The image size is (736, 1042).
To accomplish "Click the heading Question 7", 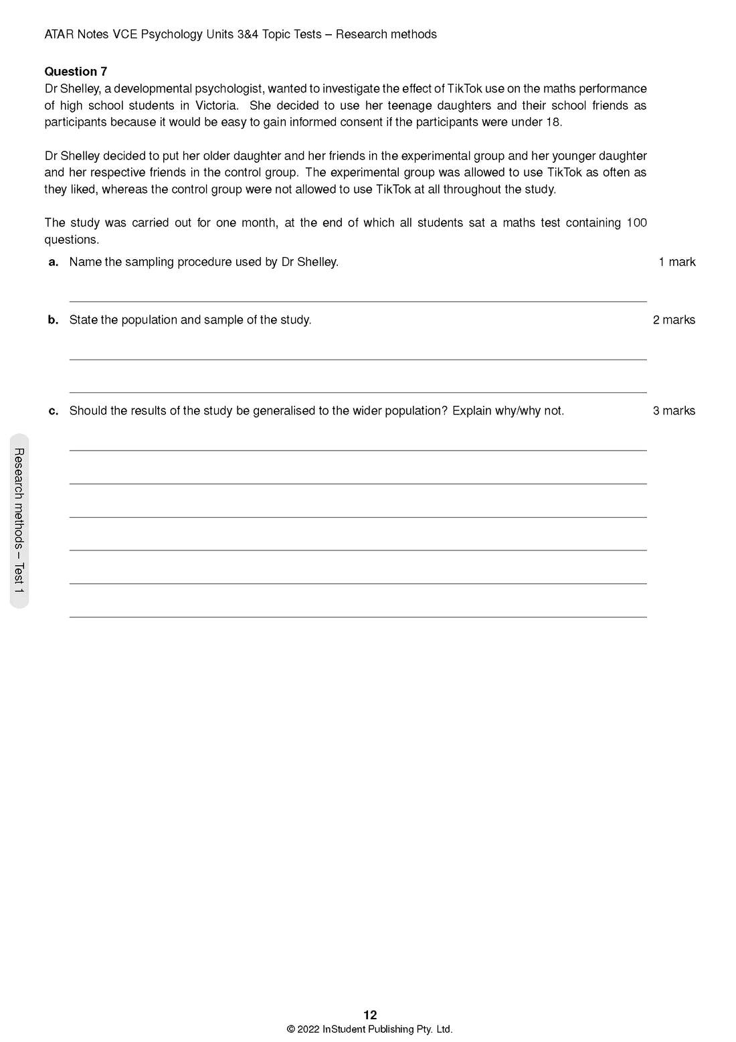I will click(x=76, y=72).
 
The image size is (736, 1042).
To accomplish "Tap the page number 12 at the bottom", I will click(x=370, y=1015).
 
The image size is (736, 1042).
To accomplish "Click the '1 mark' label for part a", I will click(x=676, y=262).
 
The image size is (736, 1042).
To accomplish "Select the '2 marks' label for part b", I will click(x=674, y=320).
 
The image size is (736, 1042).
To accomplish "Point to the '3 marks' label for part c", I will click(x=674, y=411).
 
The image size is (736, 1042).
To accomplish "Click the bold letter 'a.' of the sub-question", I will click(x=54, y=262).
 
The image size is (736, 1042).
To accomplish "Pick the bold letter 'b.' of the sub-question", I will click(x=54, y=320).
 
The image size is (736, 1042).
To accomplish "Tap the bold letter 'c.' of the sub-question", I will click(x=54, y=411).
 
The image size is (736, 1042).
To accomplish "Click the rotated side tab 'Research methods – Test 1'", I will click(x=19, y=521).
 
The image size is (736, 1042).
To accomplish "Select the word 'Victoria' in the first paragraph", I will click(x=217, y=106).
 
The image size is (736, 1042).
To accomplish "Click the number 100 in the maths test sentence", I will click(x=636, y=223).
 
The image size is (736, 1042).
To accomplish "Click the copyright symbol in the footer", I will click(x=291, y=1030).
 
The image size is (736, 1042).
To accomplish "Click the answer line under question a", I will click(x=358, y=301).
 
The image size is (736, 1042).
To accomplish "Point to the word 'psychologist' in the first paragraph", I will click(x=229, y=89).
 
